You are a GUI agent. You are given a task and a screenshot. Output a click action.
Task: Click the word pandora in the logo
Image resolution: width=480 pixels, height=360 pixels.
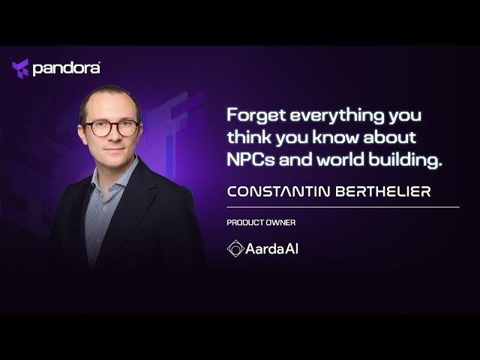point(67,69)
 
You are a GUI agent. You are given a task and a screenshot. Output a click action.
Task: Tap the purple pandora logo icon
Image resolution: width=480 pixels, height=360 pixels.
point(20,69)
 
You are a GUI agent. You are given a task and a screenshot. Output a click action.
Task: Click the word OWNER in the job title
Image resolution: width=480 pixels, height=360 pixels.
point(274,223)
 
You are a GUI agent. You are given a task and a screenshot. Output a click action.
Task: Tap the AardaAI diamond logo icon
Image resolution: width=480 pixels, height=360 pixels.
point(235,248)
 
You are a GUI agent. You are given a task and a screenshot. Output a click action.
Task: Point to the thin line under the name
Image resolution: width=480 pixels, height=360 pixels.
point(342,206)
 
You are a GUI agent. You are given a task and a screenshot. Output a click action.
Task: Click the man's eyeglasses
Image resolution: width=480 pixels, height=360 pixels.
point(110,128)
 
